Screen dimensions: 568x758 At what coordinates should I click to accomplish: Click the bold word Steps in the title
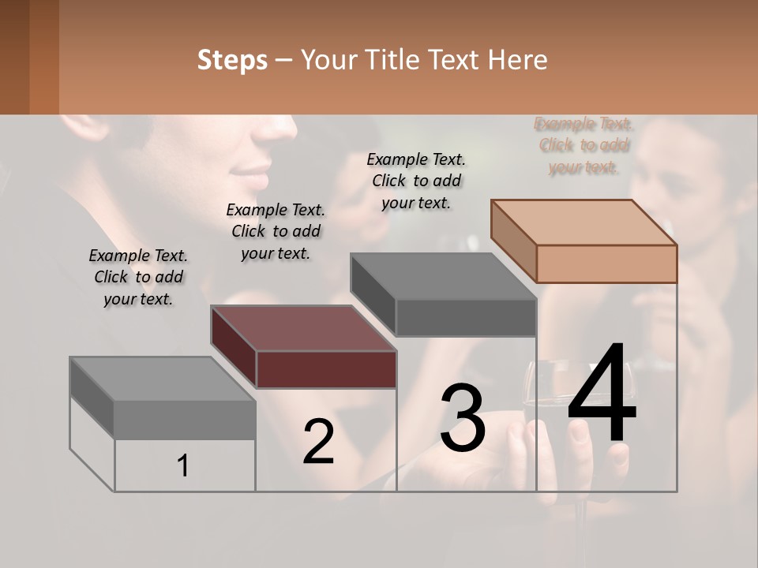[232, 60]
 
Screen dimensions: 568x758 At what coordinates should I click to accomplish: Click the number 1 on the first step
[183, 465]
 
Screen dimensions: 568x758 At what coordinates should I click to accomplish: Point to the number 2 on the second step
[318, 442]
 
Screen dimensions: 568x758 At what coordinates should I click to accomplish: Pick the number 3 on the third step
[463, 418]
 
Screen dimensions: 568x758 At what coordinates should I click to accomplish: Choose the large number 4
[602, 394]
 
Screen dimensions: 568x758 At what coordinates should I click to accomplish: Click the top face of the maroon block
[303, 328]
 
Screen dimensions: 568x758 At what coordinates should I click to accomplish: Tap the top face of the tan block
[584, 222]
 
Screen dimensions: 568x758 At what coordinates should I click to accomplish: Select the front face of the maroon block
[326, 369]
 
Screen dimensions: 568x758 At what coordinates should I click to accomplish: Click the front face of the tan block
[606, 263]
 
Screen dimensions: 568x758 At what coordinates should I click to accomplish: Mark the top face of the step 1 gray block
[163, 379]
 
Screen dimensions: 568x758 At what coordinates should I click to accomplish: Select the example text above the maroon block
[276, 231]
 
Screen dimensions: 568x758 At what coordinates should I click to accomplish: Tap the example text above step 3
[416, 181]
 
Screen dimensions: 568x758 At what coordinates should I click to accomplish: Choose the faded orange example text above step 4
[584, 145]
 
